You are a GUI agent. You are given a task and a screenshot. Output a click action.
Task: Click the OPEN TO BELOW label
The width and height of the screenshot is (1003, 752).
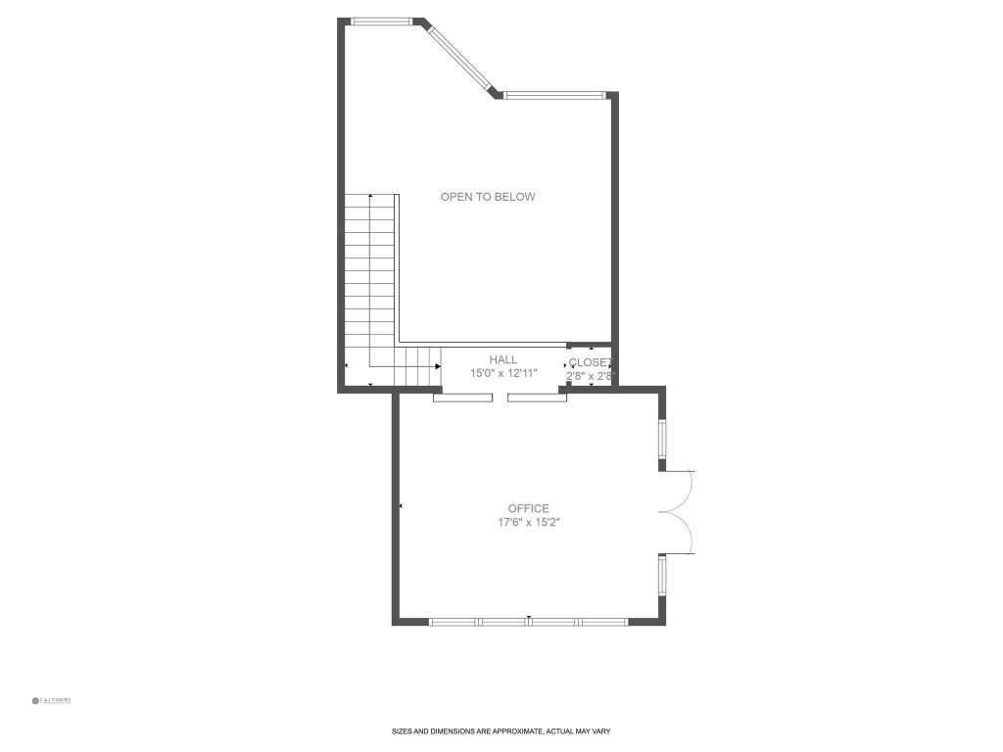(x=488, y=197)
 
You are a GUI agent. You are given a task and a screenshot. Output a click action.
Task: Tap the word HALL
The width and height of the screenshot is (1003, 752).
(x=503, y=360)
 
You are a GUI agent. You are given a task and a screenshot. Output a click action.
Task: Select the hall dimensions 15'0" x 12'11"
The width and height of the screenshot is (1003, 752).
(x=503, y=374)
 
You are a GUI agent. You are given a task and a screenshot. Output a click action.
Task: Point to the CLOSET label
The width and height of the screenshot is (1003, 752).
(x=591, y=362)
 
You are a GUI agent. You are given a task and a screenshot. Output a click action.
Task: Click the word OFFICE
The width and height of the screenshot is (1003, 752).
(x=528, y=508)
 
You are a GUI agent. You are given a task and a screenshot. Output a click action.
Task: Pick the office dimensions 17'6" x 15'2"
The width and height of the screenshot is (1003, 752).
(x=528, y=523)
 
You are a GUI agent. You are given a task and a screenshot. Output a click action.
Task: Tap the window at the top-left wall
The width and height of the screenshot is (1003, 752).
(x=383, y=21)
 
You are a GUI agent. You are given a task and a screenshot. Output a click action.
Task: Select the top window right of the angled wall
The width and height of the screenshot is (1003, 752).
(x=555, y=95)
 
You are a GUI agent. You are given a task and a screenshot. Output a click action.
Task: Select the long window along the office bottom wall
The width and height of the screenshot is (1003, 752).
(x=528, y=621)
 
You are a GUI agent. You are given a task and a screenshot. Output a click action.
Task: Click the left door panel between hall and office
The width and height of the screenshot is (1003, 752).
(x=463, y=398)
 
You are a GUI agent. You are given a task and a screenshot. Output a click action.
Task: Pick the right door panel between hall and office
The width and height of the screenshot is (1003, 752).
(x=537, y=398)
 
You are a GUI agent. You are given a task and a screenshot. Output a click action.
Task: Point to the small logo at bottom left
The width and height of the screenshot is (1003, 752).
(x=51, y=700)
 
